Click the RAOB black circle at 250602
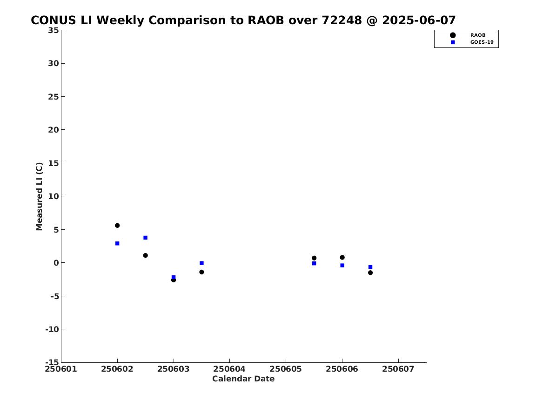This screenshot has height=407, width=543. [117, 226]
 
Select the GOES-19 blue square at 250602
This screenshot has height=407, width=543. [117, 244]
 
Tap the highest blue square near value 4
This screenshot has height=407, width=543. [146, 238]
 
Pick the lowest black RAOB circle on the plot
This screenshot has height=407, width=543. [174, 280]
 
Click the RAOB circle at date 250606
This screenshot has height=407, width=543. [342, 258]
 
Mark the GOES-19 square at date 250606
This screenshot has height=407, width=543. [342, 266]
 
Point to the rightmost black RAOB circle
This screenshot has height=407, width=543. [370, 273]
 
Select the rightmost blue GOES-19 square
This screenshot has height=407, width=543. [370, 267]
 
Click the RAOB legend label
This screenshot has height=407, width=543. [478, 35]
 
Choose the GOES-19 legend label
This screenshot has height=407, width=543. [482, 42]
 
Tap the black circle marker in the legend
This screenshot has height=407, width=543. [453, 35]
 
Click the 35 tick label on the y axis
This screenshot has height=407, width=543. [54, 30]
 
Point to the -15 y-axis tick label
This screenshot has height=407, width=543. [52, 362]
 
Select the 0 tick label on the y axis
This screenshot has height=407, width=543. [56, 263]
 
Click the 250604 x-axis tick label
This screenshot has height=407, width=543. [229, 369]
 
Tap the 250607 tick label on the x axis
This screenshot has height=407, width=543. [398, 369]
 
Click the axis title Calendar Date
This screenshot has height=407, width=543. [243, 379]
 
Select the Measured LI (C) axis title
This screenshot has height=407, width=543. [39, 196]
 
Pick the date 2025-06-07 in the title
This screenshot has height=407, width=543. [419, 20]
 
